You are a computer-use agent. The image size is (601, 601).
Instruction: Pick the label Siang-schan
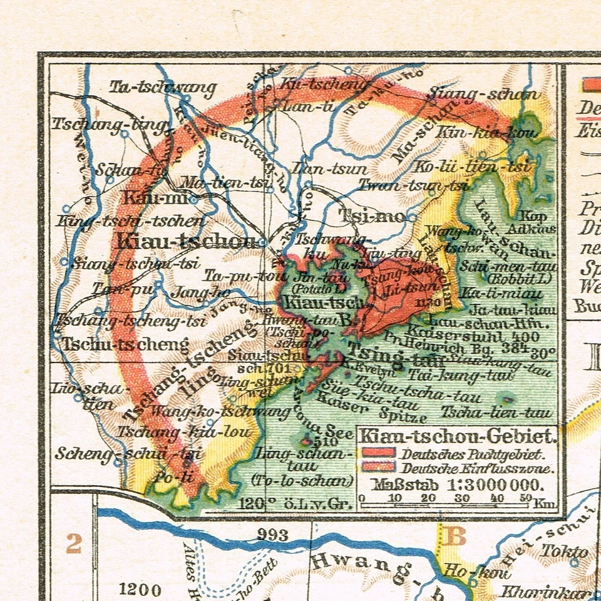pos(483,95)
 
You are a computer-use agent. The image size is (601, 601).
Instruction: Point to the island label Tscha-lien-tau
pos(498,412)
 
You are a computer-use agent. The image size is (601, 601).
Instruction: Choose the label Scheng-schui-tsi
pos(119,453)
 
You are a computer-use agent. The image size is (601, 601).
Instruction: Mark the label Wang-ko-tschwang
pos(220,411)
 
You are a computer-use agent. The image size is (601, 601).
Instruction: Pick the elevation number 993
pos(273,535)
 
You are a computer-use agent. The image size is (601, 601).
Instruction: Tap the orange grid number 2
pos(73,543)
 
